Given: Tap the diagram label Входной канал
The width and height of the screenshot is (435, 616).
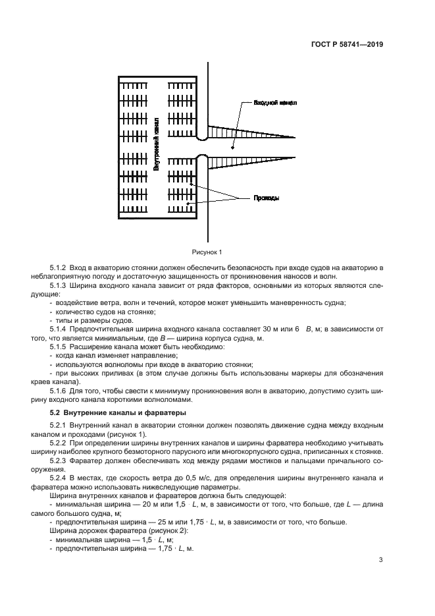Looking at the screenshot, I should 276,103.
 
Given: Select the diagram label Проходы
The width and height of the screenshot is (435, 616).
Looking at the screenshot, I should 267,198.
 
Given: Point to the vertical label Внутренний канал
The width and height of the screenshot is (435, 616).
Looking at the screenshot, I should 156,146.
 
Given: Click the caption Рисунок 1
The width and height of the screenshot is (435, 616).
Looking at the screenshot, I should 207,252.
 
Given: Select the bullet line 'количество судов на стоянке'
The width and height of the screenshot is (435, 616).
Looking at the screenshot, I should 98,310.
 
